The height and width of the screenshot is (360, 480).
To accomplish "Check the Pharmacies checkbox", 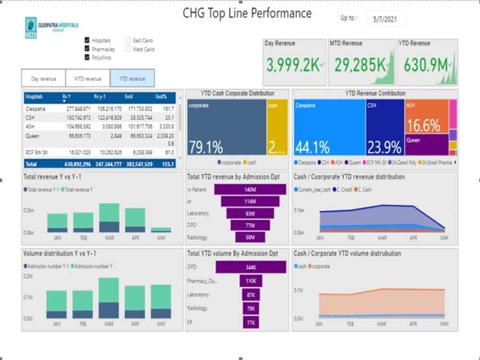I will click(87, 49).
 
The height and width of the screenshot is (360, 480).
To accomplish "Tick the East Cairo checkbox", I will click(128, 41).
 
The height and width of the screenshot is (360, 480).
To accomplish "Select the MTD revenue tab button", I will click(87, 79).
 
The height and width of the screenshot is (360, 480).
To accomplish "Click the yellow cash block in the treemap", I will click(277, 127).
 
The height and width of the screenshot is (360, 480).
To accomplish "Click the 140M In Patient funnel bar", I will click(250, 190).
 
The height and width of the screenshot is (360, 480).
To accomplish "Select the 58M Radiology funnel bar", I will click(250, 237).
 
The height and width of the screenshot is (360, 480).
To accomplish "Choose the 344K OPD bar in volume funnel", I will click(251, 267).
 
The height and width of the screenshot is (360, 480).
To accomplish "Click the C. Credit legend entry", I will click(344, 190).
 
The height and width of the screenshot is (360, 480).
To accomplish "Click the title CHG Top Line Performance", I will click(247, 13).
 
